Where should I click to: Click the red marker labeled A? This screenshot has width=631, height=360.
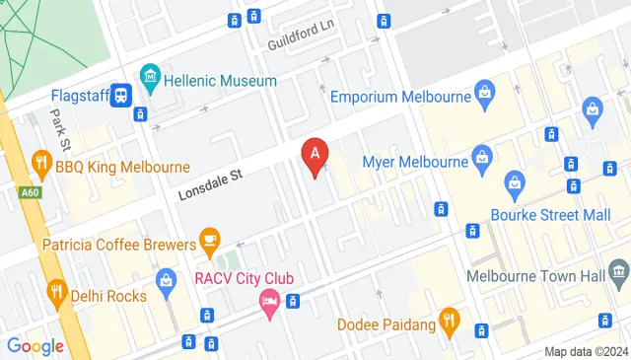315,155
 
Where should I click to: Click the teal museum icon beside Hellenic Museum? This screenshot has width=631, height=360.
150,76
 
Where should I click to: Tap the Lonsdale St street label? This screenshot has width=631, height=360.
210,183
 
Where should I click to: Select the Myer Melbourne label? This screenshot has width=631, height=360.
414,162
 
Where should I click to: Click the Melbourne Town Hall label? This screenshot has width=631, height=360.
535,276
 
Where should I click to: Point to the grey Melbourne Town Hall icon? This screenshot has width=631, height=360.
618,270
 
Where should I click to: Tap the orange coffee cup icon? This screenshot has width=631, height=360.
209,238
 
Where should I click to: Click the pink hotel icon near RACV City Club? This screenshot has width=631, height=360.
268,302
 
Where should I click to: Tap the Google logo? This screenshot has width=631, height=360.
35,346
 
